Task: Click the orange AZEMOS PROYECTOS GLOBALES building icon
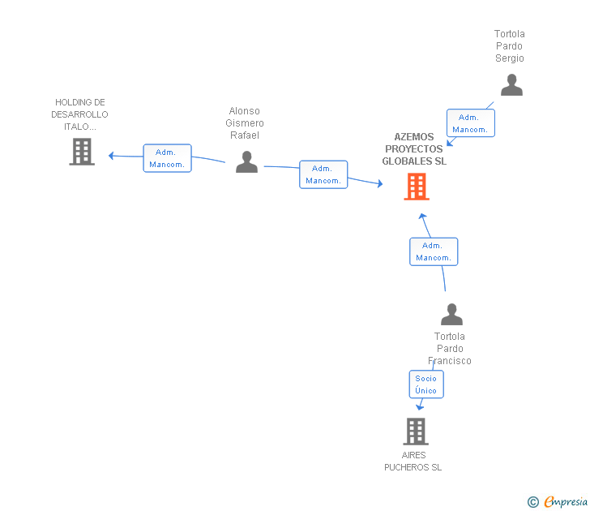417,187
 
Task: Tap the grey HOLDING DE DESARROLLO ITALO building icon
82,152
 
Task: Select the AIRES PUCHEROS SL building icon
415,432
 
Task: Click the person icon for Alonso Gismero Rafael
246,162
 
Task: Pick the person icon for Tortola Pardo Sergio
511,85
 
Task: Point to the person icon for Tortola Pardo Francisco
451,315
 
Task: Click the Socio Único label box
426,384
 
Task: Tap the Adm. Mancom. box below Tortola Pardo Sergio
470,123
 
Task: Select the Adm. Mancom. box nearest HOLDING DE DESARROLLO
167,158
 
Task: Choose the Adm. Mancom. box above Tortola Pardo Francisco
434,251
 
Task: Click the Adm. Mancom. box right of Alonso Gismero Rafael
323,174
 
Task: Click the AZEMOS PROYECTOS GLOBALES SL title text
414,149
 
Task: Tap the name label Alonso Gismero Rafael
245,123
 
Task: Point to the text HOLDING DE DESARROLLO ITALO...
80,114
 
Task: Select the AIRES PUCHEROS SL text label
413,461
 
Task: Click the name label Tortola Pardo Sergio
510,46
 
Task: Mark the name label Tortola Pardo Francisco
450,349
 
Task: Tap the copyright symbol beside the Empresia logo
532,502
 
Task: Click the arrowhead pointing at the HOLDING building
112,156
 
